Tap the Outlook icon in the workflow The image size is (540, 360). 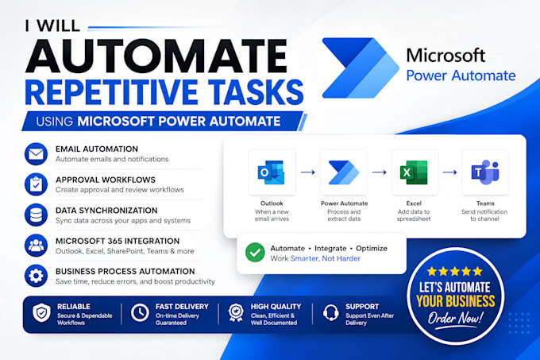(x=272, y=172)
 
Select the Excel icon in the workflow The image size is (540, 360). (x=414, y=172)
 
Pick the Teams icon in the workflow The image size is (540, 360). (x=485, y=172)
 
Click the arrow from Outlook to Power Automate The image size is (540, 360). (x=308, y=172)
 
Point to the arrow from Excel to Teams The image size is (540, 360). (x=449, y=172)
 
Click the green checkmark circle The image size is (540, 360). (x=255, y=253)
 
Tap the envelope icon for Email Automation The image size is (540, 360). (x=37, y=154)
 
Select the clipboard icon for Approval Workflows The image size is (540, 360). (x=37, y=184)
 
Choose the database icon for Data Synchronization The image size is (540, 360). (x=37, y=215)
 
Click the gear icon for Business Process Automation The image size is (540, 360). (x=37, y=276)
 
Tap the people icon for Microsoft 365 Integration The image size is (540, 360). (x=37, y=246)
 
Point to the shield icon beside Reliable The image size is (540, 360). (x=41, y=313)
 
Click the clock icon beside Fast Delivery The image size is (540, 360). (x=140, y=313)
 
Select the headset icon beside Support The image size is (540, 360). (x=331, y=313)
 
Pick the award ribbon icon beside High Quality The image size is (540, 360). (x=236, y=313)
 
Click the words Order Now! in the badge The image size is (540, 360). (x=455, y=319)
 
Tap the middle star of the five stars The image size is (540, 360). (x=455, y=272)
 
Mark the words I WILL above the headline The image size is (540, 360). (x=52, y=26)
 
